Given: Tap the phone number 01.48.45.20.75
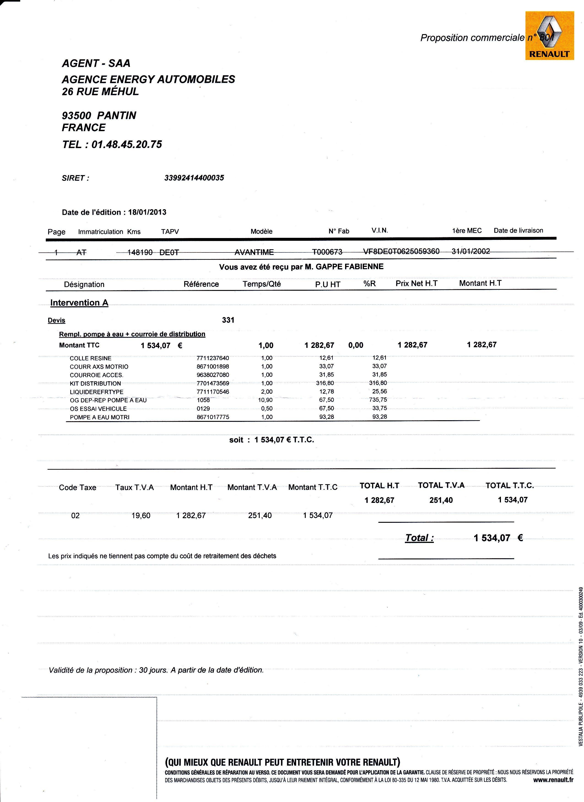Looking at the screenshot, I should point(127,144).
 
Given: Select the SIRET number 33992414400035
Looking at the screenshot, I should point(194,178).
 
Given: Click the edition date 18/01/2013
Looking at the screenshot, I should point(147,212).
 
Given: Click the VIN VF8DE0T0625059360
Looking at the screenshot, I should point(401,251).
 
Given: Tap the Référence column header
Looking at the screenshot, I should point(201,284).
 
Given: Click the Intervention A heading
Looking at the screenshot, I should point(79,303).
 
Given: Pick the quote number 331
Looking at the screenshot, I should point(228,320).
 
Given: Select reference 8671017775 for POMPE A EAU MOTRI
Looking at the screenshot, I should point(213,417).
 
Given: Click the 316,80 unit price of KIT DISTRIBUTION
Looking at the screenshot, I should point(325,383).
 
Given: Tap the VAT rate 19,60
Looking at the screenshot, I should point(141,516).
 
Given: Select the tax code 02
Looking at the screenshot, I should point(75,516).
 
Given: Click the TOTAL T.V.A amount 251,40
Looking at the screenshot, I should point(441,500).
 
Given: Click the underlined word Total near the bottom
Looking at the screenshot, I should point(419,538).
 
